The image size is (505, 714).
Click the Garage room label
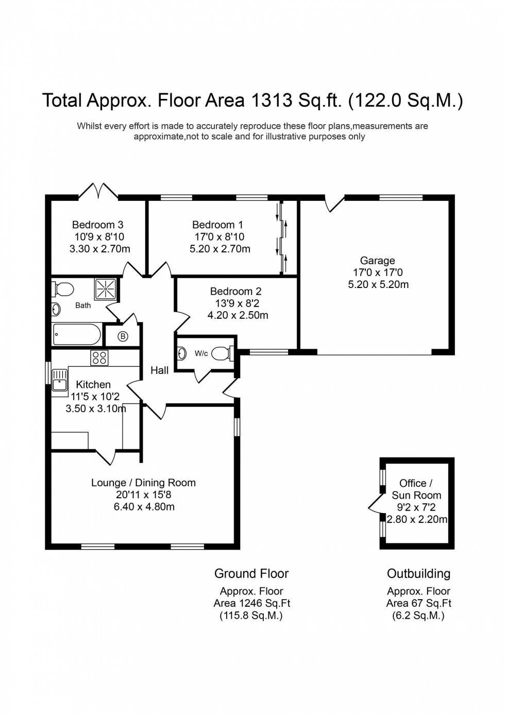point(377,261)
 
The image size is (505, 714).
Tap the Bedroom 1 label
point(217,225)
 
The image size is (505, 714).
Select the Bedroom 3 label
point(97,225)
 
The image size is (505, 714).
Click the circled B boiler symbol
point(123,337)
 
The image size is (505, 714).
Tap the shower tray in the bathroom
point(106,289)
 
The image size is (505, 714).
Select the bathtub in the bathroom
point(77,335)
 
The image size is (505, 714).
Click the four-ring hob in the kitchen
point(99,358)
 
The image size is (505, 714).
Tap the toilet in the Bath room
point(62,290)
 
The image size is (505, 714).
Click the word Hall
point(159,370)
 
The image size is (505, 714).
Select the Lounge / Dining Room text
point(143,483)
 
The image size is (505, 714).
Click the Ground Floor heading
point(251,573)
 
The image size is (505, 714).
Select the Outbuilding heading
point(418,573)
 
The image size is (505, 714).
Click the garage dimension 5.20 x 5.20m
point(378,284)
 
